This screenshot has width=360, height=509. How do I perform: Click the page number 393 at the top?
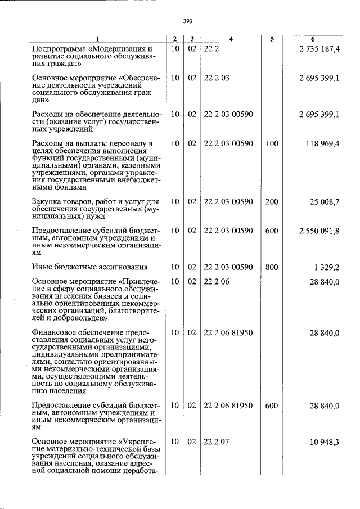(188, 21)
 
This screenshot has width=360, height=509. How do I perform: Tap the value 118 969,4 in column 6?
(321, 144)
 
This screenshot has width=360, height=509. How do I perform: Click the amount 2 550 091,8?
(317, 231)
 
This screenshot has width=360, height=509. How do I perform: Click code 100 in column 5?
(272, 144)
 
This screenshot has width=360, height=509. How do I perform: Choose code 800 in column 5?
(272, 267)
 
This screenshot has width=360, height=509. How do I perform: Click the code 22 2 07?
(217, 443)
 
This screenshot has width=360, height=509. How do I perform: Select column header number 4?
(231, 39)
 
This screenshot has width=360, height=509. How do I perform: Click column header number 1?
(97, 39)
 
